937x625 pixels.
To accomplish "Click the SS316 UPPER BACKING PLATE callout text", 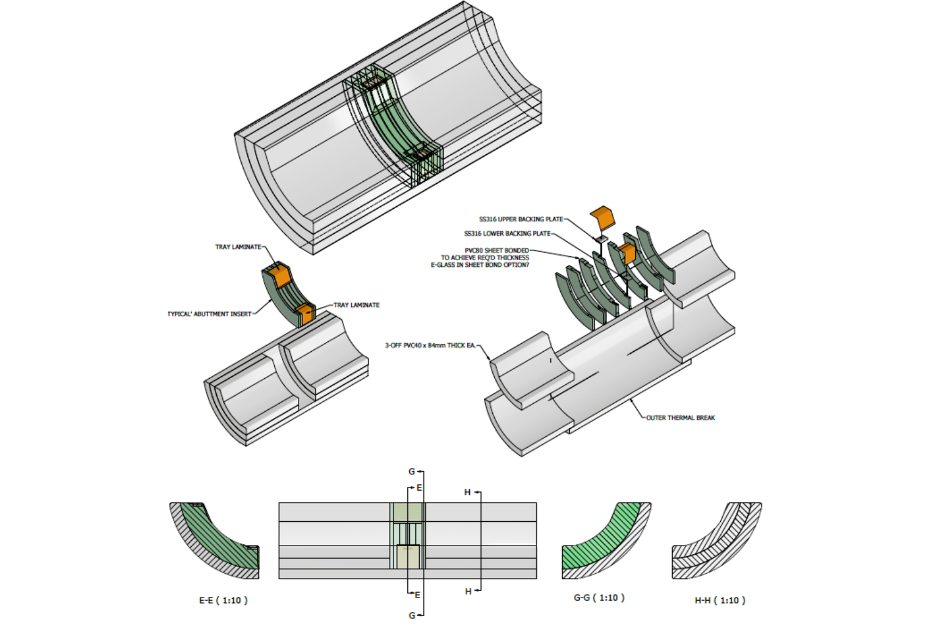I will (521, 219).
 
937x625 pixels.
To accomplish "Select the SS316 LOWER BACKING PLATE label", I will (507, 234).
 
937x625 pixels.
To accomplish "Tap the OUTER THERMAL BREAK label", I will (680, 417).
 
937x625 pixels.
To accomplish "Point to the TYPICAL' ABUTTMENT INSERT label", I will (209, 314).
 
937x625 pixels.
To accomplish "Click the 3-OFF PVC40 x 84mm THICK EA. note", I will (430, 345).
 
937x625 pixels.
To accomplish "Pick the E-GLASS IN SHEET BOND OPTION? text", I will (480, 265).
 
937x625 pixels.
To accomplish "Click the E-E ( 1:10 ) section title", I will (223, 600).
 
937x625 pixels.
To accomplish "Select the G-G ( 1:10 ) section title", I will (598, 597).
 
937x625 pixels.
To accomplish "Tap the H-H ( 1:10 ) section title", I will (720, 600).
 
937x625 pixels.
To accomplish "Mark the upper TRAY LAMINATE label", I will (238, 247).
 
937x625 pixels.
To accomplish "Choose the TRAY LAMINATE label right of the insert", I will (356, 305).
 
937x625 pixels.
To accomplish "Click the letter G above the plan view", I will (412, 472).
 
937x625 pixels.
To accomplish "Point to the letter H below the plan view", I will (468, 591).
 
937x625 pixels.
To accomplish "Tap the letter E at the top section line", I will (419, 487).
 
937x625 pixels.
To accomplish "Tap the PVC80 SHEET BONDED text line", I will (497, 251).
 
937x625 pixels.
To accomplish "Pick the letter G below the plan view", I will (412, 616).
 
